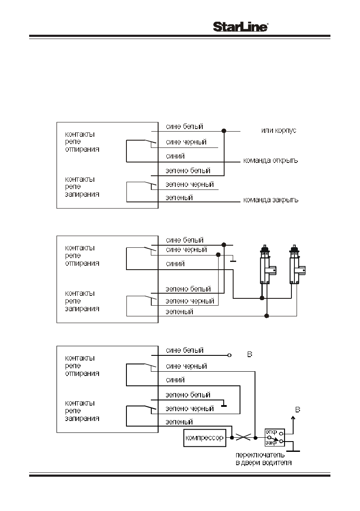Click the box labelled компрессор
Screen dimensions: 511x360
click(x=204, y=438)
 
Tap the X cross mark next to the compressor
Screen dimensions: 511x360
click(x=243, y=438)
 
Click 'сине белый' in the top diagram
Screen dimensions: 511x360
click(x=184, y=126)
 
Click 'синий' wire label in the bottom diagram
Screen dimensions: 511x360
click(x=175, y=380)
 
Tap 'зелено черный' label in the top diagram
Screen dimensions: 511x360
click(x=189, y=185)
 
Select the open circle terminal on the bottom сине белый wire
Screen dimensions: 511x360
click(x=230, y=355)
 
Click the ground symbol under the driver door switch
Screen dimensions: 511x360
click(x=294, y=451)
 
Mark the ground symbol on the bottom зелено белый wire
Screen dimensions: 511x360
click(x=223, y=403)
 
